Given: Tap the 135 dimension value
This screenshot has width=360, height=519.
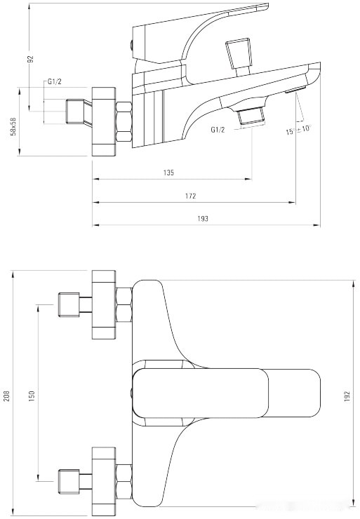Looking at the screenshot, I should click(x=168, y=173).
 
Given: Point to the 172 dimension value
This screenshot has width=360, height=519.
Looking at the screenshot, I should click(x=190, y=196).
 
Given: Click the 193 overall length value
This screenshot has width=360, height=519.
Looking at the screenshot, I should click(x=203, y=219).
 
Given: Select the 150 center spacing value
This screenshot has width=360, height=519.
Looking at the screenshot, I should click(x=31, y=396).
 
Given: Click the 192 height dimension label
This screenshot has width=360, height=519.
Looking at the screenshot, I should click(x=347, y=396).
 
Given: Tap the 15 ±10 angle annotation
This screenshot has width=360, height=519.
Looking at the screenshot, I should click(x=298, y=129).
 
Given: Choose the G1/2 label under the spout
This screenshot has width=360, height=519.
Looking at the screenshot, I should click(x=218, y=130).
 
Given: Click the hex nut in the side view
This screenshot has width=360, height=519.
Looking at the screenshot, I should click(x=124, y=123).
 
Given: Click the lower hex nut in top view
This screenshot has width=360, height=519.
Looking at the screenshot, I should click(x=124, y=481).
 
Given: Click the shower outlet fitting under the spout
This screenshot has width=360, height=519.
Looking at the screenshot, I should click(x=252, y=116).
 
